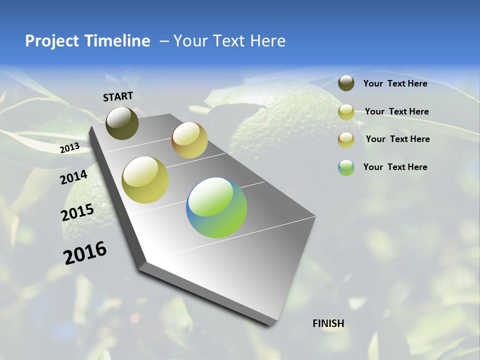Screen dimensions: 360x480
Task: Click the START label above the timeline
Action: [x=118, y=96]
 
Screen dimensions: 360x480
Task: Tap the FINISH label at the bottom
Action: [x=328, y=323]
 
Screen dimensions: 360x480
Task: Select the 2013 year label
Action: [x=70, y=148]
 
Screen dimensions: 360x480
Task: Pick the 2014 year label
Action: [x=74, y=177]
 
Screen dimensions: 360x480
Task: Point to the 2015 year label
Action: [x=77, y=212]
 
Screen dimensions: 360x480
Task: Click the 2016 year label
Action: [x=85, y=252]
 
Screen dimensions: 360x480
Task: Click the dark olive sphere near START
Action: [x=122, y=123]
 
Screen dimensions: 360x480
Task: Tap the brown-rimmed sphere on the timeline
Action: [x=189, y=140]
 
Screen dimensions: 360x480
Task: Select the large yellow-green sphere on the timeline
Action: [x=145, y=180]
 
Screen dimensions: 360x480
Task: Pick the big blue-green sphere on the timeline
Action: [x=216, y=207]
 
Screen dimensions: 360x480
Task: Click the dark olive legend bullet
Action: [x=346, y=83]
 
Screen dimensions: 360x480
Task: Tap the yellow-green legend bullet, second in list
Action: [x=346, y=112]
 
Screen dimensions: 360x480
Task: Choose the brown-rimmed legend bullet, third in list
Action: [x=346, y=139]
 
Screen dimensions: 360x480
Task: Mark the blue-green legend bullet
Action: [x=346, y=167]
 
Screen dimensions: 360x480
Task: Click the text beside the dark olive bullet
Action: [x=395, y=83]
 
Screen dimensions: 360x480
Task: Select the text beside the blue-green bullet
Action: [x=395, y=167]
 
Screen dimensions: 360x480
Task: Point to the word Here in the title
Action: [x=267, y=41]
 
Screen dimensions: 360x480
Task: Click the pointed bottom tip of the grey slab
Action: [x=270, y=325]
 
